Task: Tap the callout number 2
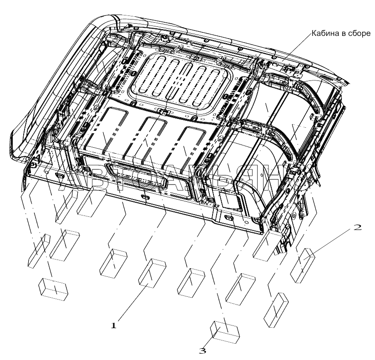[x=358, y=228]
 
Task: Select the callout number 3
[x=203, y=350]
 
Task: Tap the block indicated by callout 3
[x=226, y=330]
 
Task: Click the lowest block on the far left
[x=53, y=288]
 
